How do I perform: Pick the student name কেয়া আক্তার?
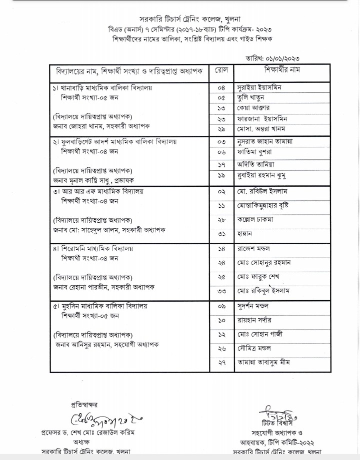coord(253,107)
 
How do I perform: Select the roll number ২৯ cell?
coord(221,129)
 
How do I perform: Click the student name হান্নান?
coord(245,233)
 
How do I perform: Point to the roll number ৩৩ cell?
coord(221,291)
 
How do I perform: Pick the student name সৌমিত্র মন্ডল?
coord(254,347)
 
